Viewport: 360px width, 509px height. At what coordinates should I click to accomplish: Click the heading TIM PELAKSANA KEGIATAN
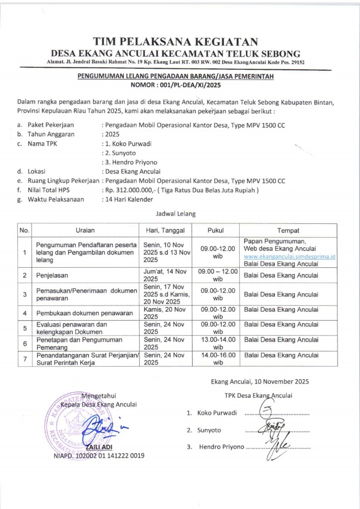175,42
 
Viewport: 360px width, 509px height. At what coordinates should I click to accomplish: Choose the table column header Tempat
288,230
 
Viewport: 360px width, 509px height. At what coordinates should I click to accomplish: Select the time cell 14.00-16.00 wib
218,359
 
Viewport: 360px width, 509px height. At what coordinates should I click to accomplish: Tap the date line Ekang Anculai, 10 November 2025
260,381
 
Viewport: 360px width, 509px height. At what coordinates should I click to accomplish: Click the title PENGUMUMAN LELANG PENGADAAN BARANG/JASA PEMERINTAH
175,77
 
